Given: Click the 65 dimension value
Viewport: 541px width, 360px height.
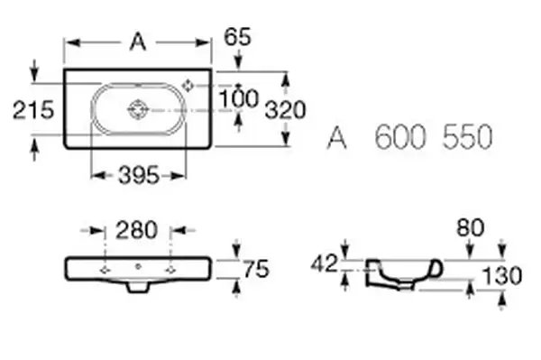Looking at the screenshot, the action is click(238, 37).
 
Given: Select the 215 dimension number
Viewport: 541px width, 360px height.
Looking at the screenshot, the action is click(33, 110).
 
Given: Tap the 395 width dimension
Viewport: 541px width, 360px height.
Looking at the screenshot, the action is click(139, 175).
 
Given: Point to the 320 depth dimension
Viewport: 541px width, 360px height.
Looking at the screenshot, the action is click(285, 110).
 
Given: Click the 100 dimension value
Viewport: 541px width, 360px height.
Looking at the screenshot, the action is click(239, 98).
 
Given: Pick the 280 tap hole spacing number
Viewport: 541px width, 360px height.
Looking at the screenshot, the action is click(137, 230).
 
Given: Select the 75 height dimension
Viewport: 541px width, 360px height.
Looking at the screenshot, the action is click(256, 269).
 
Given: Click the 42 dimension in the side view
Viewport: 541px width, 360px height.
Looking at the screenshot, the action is click(324, 264).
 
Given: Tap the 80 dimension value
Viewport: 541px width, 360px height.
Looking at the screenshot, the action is click(471, 227).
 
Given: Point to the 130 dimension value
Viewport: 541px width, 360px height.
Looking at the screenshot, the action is click(501, 276).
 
